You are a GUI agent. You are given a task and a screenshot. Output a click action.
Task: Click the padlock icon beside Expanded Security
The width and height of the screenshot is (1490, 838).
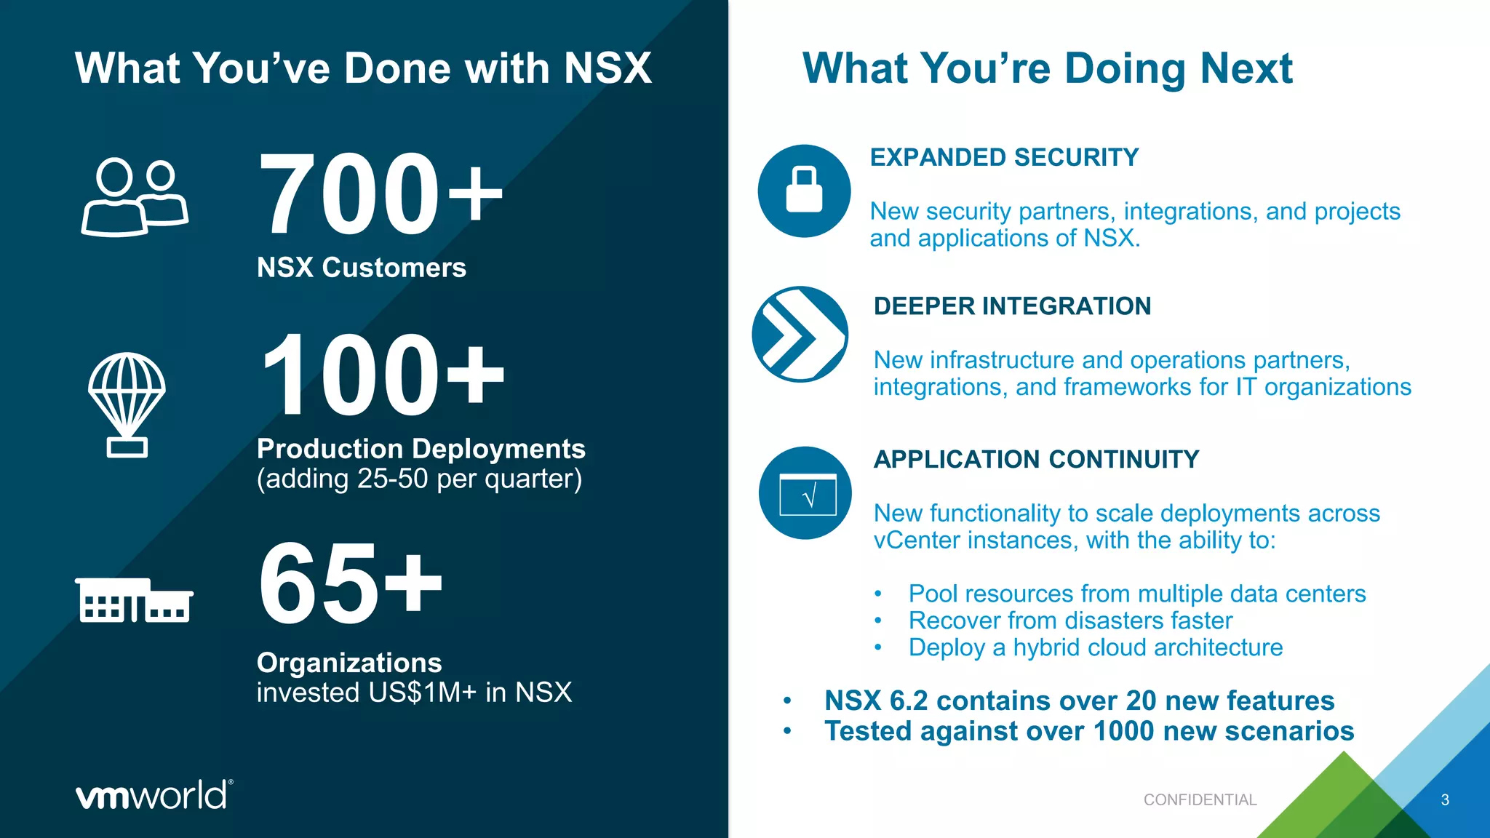804,191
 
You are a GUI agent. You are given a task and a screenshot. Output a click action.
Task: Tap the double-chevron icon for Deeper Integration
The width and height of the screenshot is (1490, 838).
800,335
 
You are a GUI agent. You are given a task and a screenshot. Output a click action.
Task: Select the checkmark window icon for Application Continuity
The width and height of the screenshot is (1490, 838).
805,493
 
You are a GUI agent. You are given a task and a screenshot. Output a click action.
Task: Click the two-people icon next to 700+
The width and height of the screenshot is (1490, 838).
135,197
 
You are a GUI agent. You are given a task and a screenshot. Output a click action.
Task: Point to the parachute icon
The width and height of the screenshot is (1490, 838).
127,404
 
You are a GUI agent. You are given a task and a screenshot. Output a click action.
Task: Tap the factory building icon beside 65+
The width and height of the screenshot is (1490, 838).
134,600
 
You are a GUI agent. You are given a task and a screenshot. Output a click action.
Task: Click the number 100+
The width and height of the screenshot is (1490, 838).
381,374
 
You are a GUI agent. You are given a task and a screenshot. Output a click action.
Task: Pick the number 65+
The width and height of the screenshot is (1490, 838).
350,583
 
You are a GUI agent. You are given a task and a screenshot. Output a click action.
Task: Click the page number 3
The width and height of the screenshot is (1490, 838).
1445,800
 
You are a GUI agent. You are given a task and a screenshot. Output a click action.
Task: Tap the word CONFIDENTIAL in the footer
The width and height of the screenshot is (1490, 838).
1200,800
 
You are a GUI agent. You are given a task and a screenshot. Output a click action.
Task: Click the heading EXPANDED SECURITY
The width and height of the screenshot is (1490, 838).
1004,157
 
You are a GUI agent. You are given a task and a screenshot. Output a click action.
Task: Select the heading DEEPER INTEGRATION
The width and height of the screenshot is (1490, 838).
1012,306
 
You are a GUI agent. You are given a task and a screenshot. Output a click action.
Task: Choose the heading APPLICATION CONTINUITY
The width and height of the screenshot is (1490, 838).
1036,460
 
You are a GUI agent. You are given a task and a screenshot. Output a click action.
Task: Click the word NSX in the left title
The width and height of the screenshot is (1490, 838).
607,68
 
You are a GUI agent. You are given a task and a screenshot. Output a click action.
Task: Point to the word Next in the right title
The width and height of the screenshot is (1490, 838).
1246,68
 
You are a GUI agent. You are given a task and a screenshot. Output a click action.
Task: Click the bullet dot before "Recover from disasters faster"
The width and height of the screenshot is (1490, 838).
878,621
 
